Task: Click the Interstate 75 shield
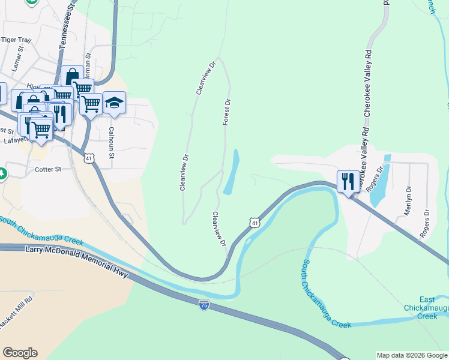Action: pyautogui.click(x=204, y=305)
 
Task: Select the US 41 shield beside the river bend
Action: pyautogui.click(x=255, y=223)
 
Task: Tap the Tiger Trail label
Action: pyautogui.click(x=16, y=40)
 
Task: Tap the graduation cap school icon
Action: pyautogui.click(x=113, y=103)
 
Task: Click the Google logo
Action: pyautogui.click(x=20, y=353)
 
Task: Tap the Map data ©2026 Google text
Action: pyautogui.click(x=411, y=355)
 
